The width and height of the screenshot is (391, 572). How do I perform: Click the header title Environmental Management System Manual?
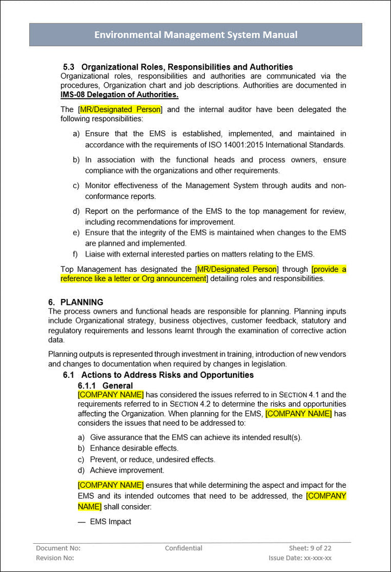click(x=195, y=35)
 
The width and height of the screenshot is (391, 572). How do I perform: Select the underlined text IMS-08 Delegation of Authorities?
click(x=119, y=95)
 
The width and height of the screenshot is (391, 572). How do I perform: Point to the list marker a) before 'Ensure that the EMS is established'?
click(x=77, y=134)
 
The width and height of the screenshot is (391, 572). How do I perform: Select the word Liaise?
click(x=96, y=254)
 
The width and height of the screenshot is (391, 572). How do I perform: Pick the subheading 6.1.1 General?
click(x=105, y=386)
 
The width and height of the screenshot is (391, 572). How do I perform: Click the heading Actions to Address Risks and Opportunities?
click(x=167, y=375)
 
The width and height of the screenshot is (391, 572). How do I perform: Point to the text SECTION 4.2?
click(x=192, y=404)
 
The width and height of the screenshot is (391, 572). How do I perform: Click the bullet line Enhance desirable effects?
click(x=134, y=448)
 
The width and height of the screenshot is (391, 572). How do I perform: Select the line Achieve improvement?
click(x=127, y=470)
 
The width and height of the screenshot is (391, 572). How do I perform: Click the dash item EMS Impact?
click(x=111, y=521)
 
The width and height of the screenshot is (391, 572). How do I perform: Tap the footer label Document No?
click(x=58, y=548)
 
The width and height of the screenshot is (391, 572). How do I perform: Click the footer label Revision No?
click(x=55, y=558)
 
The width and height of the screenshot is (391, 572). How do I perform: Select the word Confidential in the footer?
click(x=184, y=548)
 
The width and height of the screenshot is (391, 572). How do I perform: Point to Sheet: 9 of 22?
click(x=310, y=548)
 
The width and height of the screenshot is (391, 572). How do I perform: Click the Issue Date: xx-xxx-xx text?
click(x=300, y=558)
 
